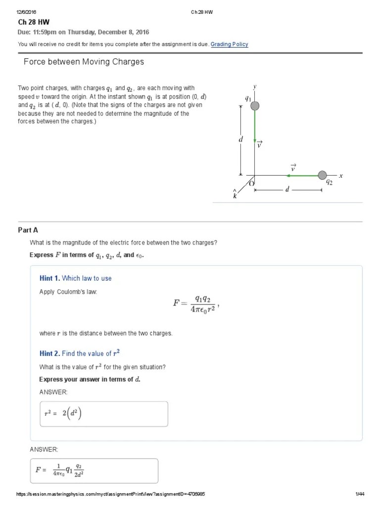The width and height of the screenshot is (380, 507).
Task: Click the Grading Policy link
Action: tap(229, 44)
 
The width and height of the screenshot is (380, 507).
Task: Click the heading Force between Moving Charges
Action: tap(84, 62)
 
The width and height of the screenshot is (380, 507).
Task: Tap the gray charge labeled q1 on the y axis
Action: tap(255, 105)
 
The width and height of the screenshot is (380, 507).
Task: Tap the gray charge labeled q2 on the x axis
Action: tap(322, 175)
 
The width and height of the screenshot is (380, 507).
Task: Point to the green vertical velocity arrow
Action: tap(255, 126)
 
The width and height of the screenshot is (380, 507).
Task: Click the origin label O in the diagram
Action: tap(251, 183)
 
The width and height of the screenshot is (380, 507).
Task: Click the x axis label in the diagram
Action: tap(341, 175)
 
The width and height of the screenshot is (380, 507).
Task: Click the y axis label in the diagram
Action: tap(255, 87)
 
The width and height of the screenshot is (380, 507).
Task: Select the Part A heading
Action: tap(28, 230)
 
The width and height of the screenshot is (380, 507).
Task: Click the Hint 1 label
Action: tap(49, 278)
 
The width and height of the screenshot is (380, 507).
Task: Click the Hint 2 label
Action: tap(49, 354)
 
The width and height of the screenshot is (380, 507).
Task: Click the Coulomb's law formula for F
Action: tap(195, 304)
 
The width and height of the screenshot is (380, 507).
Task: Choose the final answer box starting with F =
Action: tap(94, 470)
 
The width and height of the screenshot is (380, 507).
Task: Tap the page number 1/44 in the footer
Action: tap(360, 494)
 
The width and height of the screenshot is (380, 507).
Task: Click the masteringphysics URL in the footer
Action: tap(111, 494)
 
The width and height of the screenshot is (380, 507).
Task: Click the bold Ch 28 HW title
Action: tap(34, 22)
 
